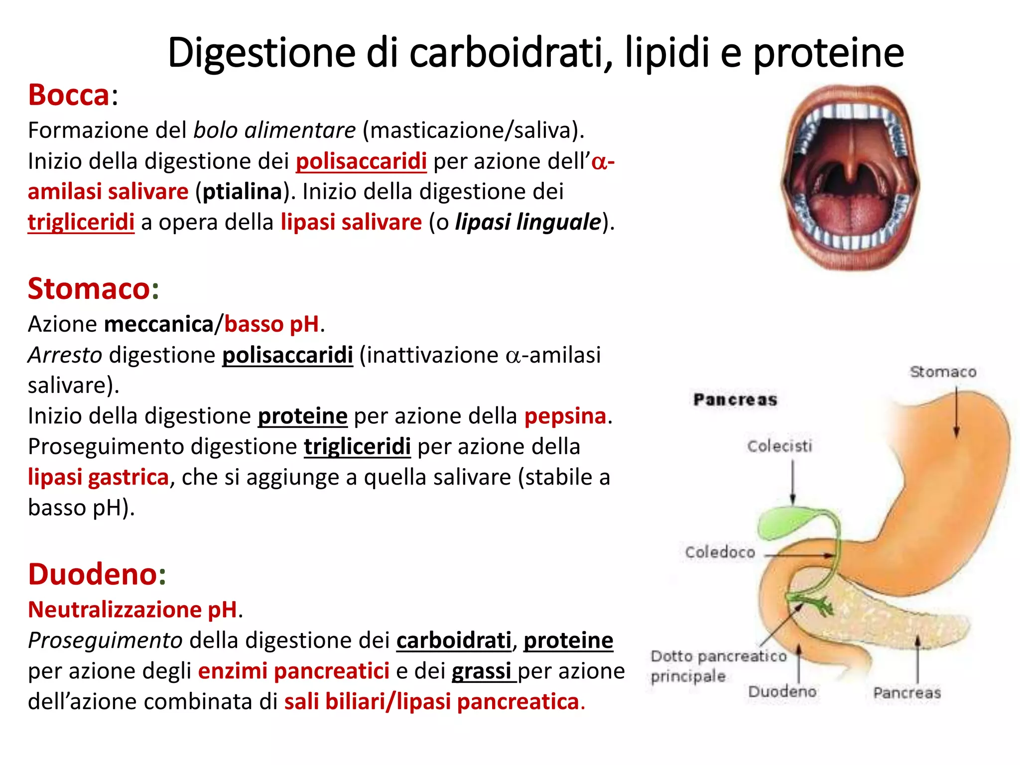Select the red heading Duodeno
coord(93,574)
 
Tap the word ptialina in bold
coord(243,192)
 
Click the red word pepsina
coord(565,416)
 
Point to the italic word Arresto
coord(65,355)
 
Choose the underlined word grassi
coord(482,671)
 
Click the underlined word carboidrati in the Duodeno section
coord(454,640)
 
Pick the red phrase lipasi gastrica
coord(98,477)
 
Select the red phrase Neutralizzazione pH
coord(132,610)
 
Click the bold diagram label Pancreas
coord(735,399)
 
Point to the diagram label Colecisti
coord(779,446)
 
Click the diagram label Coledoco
coord(720,552)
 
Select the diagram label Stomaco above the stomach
coord(943,372)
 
